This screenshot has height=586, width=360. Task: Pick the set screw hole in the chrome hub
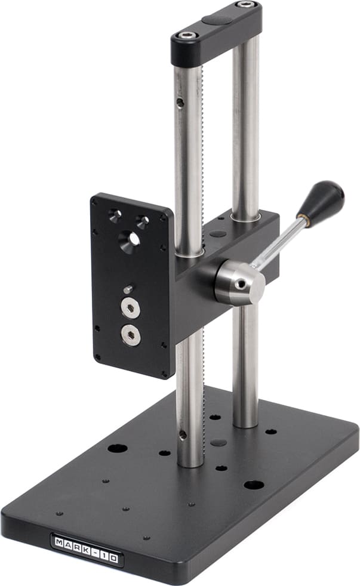click(x=241, y=285)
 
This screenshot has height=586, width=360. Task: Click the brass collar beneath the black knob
click(x=304, y=220)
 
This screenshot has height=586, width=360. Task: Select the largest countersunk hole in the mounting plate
click(x=130, y=240)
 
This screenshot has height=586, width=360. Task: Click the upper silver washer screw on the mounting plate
click(x=130, y=308)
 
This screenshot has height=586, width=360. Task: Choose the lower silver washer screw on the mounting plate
click(x=130, y=334)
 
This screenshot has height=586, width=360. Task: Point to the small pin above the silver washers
click(x=128, y=289)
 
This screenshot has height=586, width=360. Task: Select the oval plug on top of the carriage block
click(x=218, y=233)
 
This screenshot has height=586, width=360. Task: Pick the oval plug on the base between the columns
click(x=220, y=443)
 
